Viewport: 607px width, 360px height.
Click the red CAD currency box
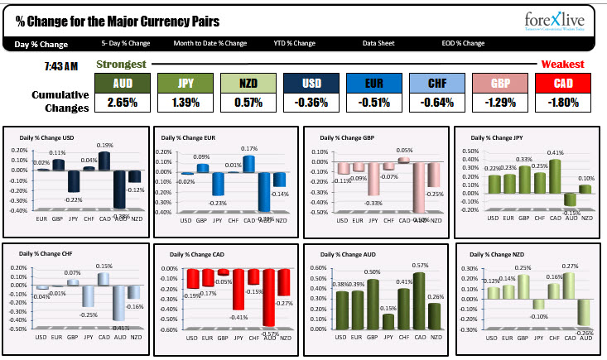click(x=564, y=83)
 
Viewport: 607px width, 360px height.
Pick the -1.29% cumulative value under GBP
click(x=501, y=103)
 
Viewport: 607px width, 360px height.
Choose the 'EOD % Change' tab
click(x=463, y=43)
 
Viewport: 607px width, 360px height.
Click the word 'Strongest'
click(x=121, y=65)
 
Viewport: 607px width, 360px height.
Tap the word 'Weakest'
click(x=562, y=65)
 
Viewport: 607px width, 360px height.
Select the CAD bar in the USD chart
click(x=104, y=161)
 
